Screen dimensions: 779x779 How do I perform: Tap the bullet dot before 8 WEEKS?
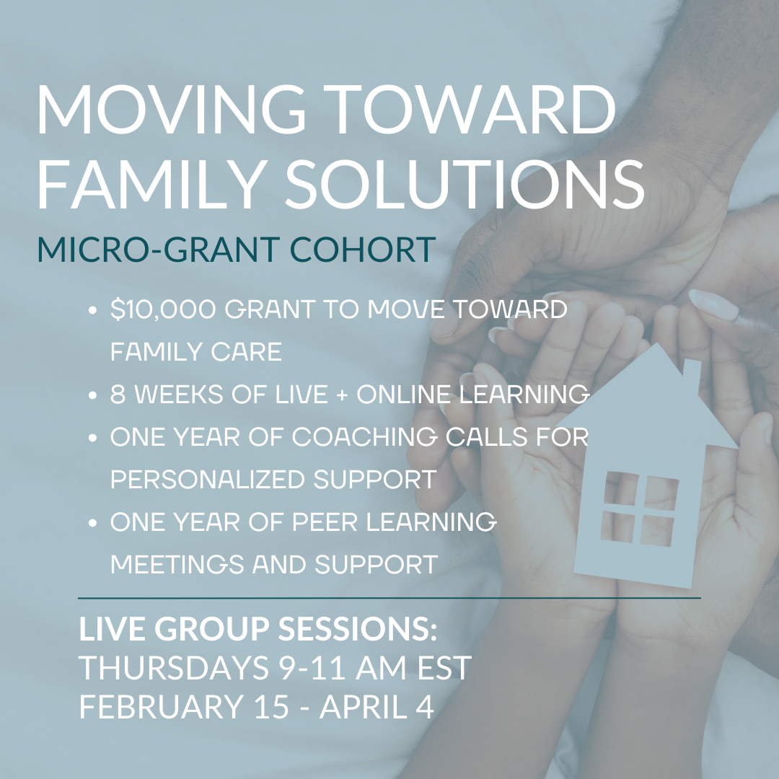(x=92, y=395)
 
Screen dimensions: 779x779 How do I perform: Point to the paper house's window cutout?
(x=638, y=509)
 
